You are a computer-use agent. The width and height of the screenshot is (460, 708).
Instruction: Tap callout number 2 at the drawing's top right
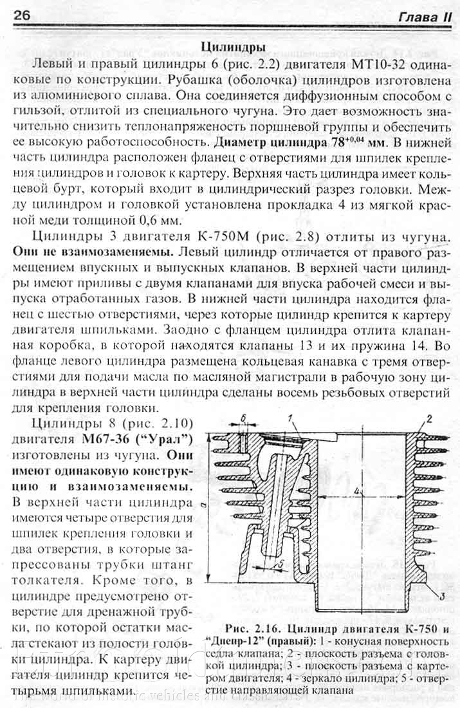427,421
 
